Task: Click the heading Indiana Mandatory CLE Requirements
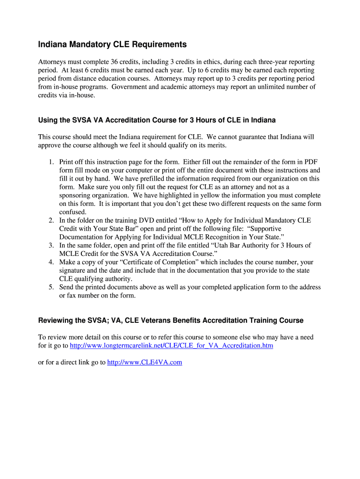(x=112, y=44)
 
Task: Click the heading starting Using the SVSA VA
(x=157, y=120)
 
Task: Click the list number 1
(x=51, y=162)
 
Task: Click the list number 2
(x=51, y=220)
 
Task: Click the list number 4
(x=51, y=262)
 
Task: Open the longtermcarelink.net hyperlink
(x=171, y=346)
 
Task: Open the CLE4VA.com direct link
(x=144, y=362)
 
